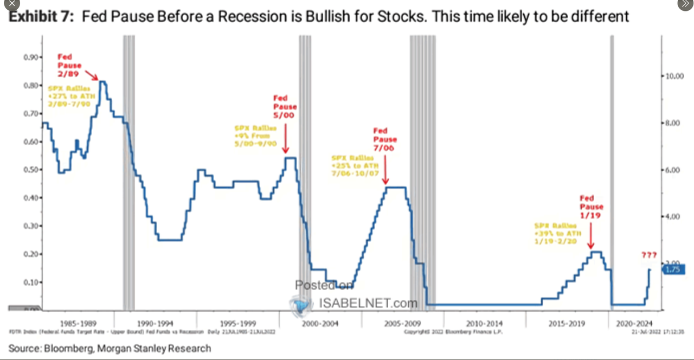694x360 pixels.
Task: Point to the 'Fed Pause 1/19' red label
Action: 591,207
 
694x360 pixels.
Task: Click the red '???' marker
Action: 648,255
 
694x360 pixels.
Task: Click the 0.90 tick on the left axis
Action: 30,57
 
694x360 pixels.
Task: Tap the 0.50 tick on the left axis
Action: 30,170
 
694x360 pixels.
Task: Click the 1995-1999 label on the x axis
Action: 239,323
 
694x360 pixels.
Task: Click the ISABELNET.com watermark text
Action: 368,303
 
